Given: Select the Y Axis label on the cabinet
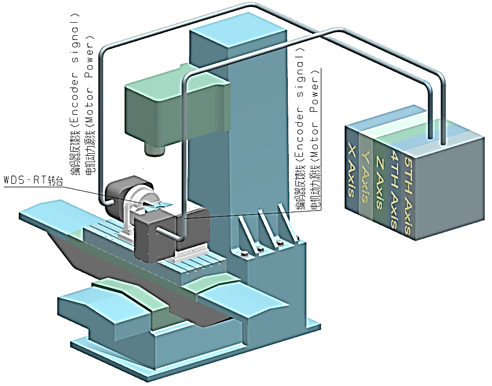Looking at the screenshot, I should [366, 176].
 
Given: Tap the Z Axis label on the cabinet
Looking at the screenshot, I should [380, 182].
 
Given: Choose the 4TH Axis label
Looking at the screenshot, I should [394, 188].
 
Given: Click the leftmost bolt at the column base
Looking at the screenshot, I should [245, 255].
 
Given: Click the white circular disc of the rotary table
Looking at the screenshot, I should [136, 200].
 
